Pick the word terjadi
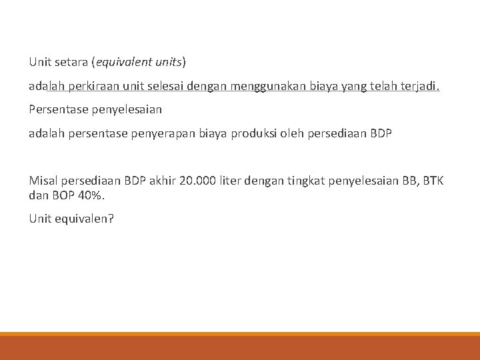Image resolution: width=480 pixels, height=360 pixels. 421,86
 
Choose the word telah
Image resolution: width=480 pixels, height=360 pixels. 382,86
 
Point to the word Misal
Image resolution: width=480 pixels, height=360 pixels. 43,181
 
